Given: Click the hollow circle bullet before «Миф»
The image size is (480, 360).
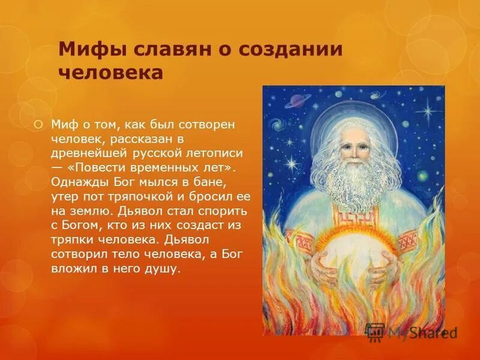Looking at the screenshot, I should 39,124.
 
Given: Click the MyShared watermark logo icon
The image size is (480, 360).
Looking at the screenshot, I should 375,332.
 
